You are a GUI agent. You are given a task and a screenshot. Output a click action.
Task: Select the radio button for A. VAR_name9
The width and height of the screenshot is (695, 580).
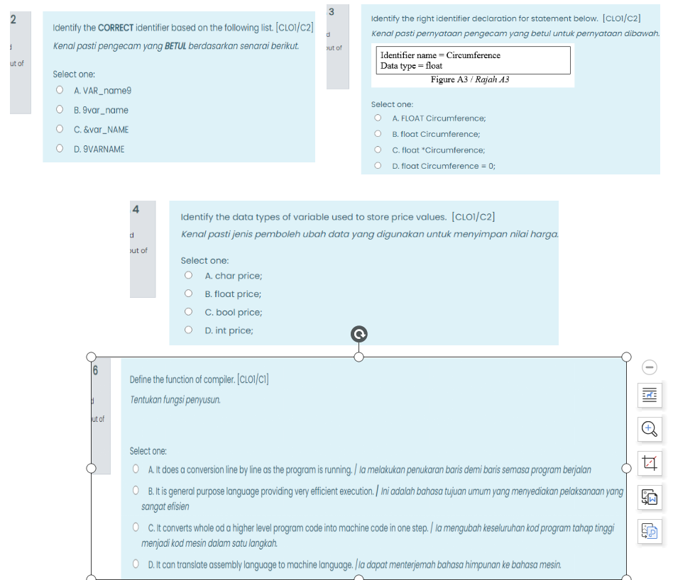point(60,91)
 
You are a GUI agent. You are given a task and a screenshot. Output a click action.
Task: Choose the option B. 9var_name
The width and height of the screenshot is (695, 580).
point(60,110)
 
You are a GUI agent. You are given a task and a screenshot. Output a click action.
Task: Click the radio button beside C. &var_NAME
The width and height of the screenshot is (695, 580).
point(60,130)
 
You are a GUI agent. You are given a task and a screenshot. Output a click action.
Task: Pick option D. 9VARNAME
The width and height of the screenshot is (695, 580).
point(60,149)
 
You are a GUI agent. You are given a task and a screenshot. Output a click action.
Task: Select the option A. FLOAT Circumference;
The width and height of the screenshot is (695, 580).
point(378,118)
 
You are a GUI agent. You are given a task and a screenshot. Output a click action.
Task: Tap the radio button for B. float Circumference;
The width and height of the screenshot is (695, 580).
point(378,134)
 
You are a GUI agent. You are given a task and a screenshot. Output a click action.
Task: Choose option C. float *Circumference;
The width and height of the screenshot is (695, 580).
point(378,150)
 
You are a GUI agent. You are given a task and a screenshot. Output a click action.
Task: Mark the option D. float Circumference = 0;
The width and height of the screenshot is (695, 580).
point(378,166)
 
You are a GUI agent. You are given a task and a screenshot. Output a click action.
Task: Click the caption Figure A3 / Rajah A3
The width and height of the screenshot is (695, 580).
point(470,79)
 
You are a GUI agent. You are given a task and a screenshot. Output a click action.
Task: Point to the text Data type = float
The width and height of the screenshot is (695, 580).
point(411,65)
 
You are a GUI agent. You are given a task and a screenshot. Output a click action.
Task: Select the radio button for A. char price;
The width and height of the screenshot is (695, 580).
point(188,276)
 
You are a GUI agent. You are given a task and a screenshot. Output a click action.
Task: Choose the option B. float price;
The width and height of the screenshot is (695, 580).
point(188,294)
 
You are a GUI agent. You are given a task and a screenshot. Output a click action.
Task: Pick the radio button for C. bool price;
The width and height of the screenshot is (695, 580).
point(188,312)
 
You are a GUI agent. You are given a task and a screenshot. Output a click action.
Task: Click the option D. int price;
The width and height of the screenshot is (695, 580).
point(188,330)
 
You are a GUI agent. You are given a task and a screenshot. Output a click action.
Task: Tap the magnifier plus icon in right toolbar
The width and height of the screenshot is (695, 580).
point(650,428)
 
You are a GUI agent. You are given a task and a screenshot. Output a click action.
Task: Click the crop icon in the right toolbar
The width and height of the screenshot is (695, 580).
point(650,463)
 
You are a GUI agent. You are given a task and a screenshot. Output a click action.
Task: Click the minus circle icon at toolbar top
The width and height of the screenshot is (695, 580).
point(650,367)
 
